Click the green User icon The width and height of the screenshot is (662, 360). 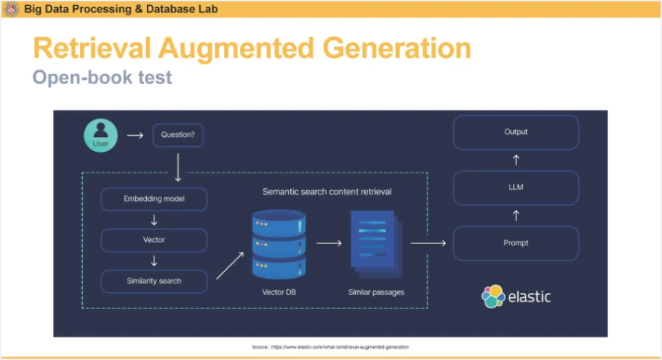101,135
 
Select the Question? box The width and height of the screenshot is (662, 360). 178,135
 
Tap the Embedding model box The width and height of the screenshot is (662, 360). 154,199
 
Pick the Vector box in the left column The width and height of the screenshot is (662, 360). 154,240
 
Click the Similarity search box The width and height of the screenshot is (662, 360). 154,281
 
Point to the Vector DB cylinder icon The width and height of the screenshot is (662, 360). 279,244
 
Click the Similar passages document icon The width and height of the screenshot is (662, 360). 377,244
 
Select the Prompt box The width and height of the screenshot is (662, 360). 516,243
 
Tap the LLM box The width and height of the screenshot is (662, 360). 516,188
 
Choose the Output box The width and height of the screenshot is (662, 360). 516,132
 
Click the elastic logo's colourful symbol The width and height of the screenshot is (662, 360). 493,297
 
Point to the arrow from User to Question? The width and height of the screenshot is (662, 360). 135,135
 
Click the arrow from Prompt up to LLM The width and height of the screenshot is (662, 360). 516,216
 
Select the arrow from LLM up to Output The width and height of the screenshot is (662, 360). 516,160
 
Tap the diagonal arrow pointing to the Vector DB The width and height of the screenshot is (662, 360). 230,266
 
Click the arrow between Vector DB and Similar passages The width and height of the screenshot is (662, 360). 330,243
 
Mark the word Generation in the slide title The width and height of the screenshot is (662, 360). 397,48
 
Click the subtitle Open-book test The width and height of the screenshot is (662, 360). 102,77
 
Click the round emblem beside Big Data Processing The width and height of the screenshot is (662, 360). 11,8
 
